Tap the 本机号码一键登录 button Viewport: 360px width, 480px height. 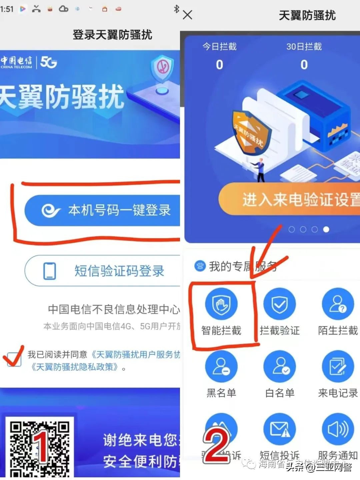[x=103, y=210]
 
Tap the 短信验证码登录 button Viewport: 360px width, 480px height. [x=103, y=271]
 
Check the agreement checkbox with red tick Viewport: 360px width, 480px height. [x=14, y=359]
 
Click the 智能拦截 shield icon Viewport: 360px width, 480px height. [x=221, y=304]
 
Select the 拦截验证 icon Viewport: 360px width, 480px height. [x=279, y=304]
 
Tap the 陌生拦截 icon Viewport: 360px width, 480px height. [x=338, y=304]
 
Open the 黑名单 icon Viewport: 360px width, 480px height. [x=221, y=366]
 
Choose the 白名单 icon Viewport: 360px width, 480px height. [x=279, y=366]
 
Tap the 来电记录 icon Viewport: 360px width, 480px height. [x=338, y=366]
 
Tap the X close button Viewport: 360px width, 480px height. [x=188, y=15]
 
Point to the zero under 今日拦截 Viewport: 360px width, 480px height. [x=219, y=65]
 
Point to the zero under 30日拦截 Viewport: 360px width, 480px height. [x=304, y=65]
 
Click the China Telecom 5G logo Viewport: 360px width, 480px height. [x=28, y=62]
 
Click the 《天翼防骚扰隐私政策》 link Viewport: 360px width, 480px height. [x=75, y=367]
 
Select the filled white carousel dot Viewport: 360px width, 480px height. [x=326, y=229]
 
